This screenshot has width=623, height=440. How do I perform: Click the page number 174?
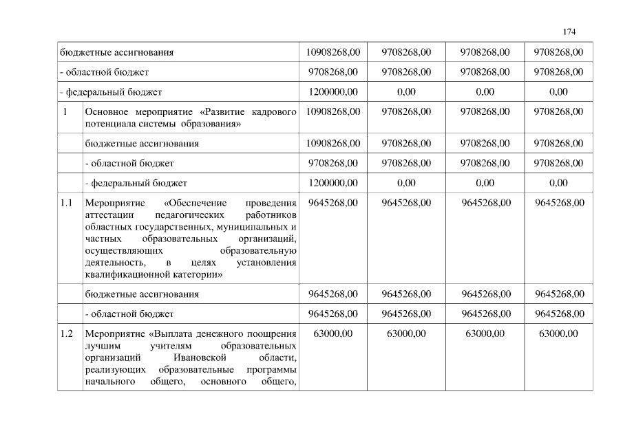569,32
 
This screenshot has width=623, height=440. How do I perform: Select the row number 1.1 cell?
67,203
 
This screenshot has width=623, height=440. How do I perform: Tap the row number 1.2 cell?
67,334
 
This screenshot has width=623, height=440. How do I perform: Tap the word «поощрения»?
274,334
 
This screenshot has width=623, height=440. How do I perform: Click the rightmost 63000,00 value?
558,334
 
